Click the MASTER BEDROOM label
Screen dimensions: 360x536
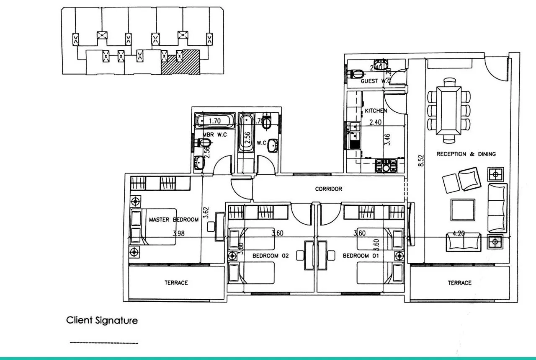coord(173,220)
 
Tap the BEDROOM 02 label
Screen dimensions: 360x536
coord(271,256)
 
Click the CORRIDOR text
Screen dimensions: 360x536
coord(328,189)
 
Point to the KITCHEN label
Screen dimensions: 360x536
coord(376,111)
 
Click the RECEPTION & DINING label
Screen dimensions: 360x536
coord(466,154)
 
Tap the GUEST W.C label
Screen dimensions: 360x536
coord(376,81)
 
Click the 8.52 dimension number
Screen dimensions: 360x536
coord(422,161)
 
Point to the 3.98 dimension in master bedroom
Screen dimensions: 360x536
coord(179,233)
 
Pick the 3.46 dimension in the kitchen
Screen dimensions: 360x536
coord(387,140)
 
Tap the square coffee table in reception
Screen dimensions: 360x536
coord(463,210)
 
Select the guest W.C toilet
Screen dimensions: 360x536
coord(356,73)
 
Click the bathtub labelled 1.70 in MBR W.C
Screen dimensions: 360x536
coord(213,121)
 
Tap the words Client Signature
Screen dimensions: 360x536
coord(102,321)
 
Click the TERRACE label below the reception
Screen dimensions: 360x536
coord(459,283)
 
